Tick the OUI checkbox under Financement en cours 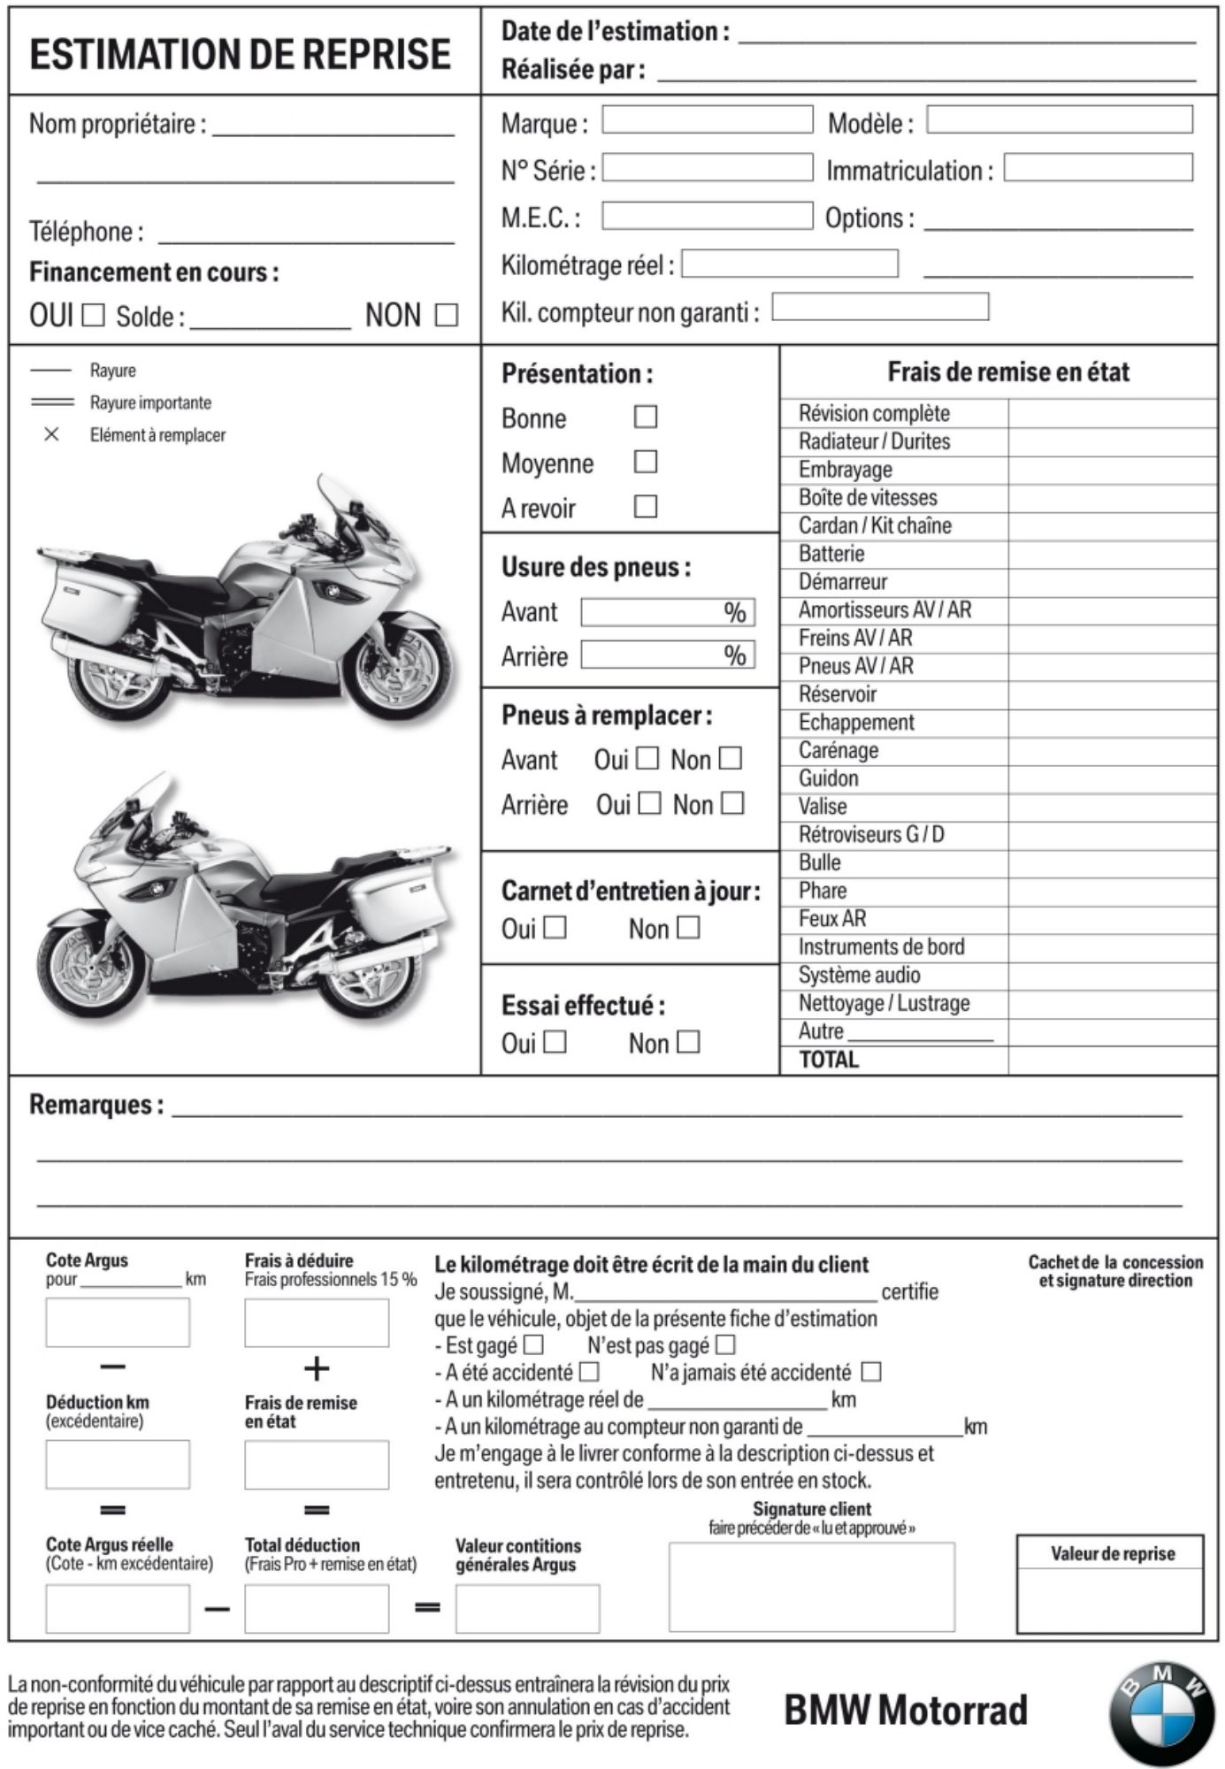pyautogui.click(x=93, y=315)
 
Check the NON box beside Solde pyautogui.click(x=447, y=315)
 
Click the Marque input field pyautogui.click(x=707, y=120)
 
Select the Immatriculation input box pyautogui.click(x=1098, y=167)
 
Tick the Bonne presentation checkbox pyautogui.click(x=646, y=417)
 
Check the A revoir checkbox pyautogui.click(x=646, y=507)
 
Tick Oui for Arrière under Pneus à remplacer pyautogui.click(x=649, y=803)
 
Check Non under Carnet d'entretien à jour pyautogui.click(x=687, y=928)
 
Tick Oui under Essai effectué pyautogui.click(x=555, y=1042)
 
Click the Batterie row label pyautogui.click(x=831, y=554)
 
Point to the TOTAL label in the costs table pyautogui.click(x=829, y=1060)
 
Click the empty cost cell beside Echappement pyautogui.click(x=1112, y=723)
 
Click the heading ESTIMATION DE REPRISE pyautogui.click(x=240, y=54)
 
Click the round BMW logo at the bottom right pyautogui.click(x=1161, y=1712)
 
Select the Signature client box pyautogui.click(x=811, y=1587)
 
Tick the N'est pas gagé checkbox pyautogui.click(x=725, y=1345)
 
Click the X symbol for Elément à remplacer pyautogui.click(x=51, y=434)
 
